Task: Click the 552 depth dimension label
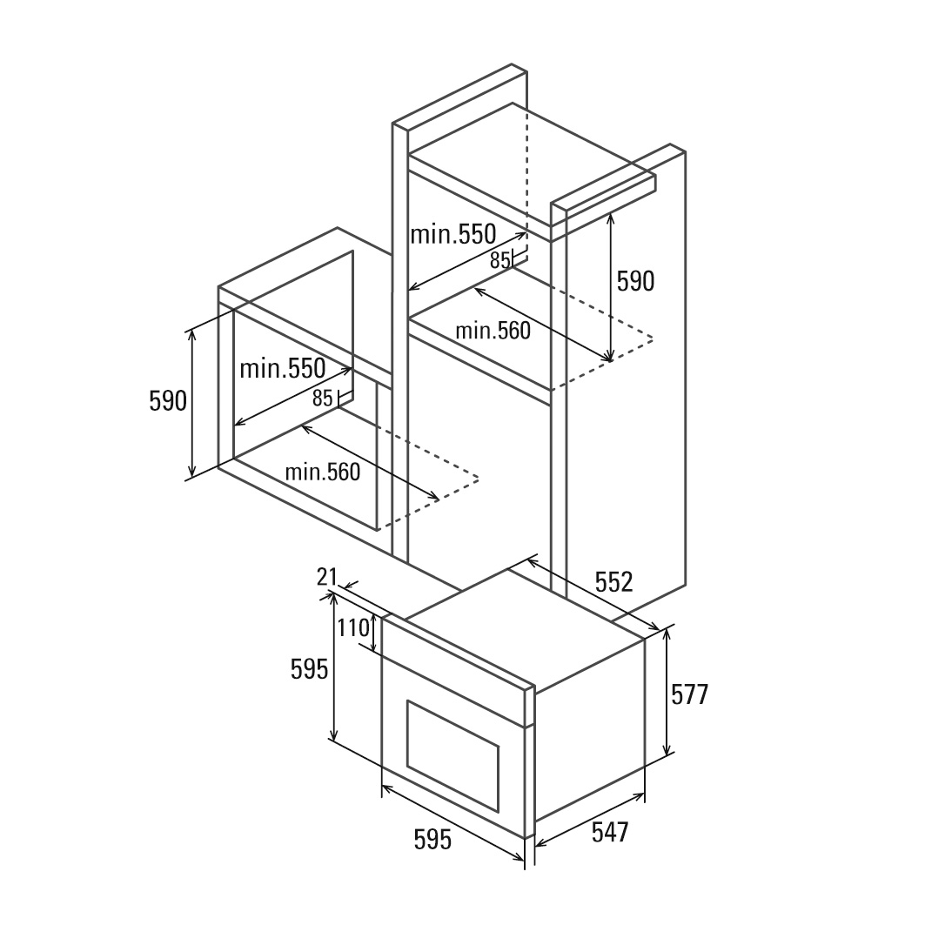[613, 582]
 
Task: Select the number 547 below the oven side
[609, 833]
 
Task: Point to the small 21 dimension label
[326, 576]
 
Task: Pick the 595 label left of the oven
[309, 668]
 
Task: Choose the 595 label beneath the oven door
[432, 840]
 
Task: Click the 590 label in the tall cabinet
[635, 281]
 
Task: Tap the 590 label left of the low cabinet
[168, 400]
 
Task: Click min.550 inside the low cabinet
[282, 368]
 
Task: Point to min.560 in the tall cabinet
[493, 331]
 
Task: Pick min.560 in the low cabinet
[322, 472]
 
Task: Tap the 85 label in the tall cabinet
[499, 259]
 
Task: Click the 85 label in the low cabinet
[322, 399]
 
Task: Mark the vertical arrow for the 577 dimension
[667, 693]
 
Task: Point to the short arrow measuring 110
[374, 633]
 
